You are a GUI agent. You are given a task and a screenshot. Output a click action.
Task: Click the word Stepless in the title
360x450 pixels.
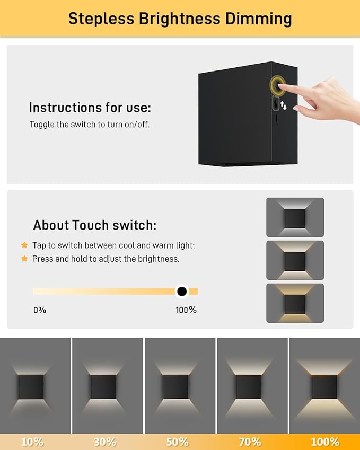tap(101, 19)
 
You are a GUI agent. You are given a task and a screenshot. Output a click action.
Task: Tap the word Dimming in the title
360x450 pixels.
tap(258, 19)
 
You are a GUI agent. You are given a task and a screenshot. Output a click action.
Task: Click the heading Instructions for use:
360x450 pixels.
tap(90, 108)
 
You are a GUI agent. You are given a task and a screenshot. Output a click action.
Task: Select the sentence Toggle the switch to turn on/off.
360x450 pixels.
tap(90, 125)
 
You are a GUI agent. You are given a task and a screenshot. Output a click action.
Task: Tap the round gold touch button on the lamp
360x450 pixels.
tap(277, 85)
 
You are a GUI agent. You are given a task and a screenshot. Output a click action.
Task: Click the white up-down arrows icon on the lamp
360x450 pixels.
tap(283, 105)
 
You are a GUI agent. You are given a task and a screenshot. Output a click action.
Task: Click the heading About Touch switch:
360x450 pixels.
tap(95, 225)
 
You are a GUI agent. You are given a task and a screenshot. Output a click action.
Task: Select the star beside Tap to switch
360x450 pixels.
tap(24, 245)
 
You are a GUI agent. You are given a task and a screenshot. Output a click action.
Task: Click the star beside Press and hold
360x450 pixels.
tap(24, 259)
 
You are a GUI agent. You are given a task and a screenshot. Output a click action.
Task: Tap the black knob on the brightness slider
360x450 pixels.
tap(182, 292)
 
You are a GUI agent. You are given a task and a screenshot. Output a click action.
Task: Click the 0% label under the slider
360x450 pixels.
tap(40, 310)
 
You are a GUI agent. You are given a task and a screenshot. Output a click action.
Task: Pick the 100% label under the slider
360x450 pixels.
tap(186, 310)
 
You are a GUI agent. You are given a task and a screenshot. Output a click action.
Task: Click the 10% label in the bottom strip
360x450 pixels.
tap(32, 442)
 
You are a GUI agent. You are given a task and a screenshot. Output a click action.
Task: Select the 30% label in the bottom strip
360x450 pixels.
tap(105, 442)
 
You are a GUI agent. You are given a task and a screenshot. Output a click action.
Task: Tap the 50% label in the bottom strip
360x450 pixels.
tap(178, 442)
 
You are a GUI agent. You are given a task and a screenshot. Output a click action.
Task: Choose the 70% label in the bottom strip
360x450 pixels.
tap(250, 442)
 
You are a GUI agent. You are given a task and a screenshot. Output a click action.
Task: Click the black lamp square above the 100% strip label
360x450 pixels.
tap(324, 387)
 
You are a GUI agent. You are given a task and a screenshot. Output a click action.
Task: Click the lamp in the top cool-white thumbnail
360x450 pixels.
tap(295, 218)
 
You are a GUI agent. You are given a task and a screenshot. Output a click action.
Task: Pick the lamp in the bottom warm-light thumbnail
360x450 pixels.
tap(295, 304)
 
